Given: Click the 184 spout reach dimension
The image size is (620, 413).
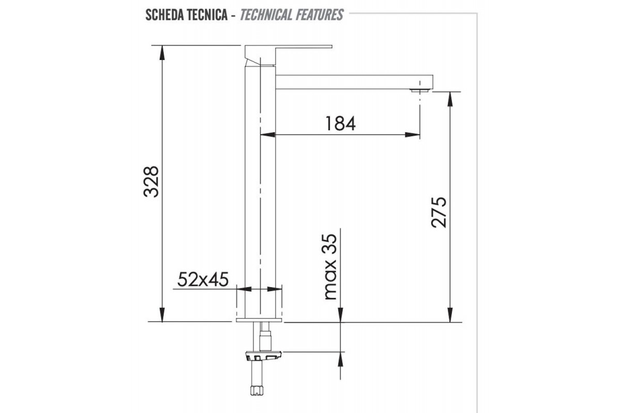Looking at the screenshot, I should (x=340, y=124).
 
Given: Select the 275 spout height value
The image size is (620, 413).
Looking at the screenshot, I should (x=439, y=212).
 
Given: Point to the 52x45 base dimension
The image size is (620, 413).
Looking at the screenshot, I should (x=203, y=279).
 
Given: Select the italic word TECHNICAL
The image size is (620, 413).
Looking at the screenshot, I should (x=267, y=14).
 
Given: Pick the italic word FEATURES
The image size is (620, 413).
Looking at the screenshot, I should (x=320, y=14).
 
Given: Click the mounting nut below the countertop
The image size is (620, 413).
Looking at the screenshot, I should (x=263, y=356).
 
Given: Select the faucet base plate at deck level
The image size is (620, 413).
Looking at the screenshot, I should (x=259, y=321).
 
